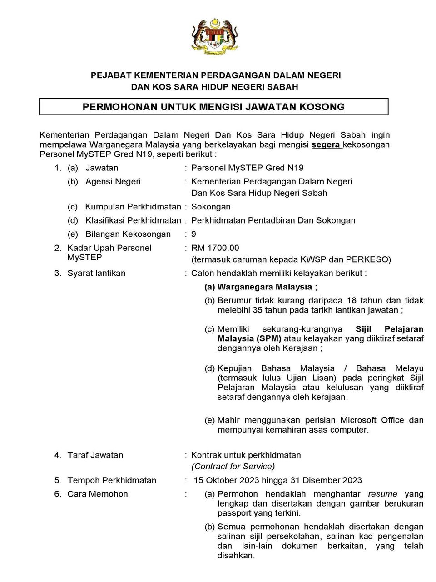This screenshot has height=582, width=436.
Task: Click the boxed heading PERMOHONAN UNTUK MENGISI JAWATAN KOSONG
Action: coord(213,107)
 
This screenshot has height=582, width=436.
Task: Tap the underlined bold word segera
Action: coord(326,145)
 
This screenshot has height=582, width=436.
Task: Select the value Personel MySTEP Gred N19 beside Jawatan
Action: coord(248,168)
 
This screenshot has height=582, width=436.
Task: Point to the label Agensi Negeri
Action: coord(113,182)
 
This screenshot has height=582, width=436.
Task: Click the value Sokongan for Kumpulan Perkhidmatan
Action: coord(211,207)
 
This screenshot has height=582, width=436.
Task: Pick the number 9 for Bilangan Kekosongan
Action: coord(194,234)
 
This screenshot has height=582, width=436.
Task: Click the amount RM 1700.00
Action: coord(215,248)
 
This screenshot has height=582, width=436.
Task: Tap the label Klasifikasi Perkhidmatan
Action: coord(133,220)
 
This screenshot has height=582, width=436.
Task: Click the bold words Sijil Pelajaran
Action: coord(390,329)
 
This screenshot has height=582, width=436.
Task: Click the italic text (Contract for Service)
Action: coord(233,466)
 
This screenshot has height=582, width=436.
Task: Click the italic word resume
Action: coord(382,494)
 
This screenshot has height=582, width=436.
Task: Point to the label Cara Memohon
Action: coord(98,494)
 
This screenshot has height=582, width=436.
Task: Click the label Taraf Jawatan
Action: coord(95,455)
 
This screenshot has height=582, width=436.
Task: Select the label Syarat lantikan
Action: coord(96,273)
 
